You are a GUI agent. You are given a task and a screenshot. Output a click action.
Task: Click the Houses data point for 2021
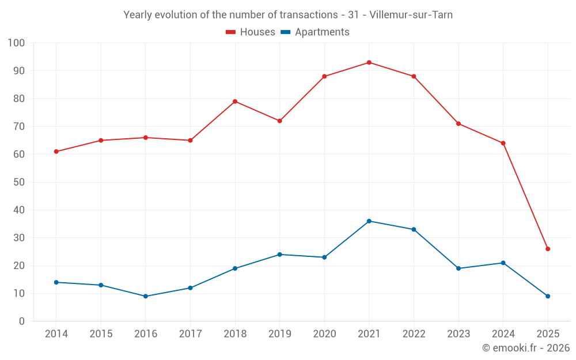[x=369, y=62]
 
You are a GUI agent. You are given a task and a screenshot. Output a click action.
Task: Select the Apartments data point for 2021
[x=369, y=221]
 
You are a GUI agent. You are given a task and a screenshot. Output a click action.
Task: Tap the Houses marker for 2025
[x=548, y=249]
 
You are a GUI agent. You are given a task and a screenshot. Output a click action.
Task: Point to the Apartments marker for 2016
[x=146, y=296]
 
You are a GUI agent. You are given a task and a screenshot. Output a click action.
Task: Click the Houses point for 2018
[x=235, y=101]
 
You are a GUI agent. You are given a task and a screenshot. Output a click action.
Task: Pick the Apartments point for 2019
[x=280, y=255]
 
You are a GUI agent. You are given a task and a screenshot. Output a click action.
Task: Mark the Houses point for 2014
[x=56, y=151]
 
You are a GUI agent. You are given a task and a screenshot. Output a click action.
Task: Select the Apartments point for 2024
[x=503, y=263]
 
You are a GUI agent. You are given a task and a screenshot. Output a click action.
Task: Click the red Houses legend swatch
[x=231, y=32]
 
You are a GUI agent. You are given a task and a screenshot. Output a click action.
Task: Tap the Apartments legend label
[x=322, y=32]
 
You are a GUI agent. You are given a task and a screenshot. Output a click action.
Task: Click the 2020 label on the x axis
[x=324, y=334]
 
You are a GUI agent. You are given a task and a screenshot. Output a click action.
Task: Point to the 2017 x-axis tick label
[x=190, y=334]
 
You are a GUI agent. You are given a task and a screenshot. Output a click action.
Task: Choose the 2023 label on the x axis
[x=458, y=334]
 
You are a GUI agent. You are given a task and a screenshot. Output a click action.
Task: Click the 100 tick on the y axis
[x=17, y=43]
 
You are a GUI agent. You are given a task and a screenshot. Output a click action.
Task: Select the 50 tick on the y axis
[x=20, y=182]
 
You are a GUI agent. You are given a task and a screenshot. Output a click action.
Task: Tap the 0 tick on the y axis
[x=22, y=321]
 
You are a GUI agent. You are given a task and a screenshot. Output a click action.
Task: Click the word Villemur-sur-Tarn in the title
[x=411, y=15]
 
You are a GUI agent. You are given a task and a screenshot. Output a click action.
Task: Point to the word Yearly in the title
[x=138, y=15]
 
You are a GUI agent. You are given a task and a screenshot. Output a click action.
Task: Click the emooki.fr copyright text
[x=525, y=348]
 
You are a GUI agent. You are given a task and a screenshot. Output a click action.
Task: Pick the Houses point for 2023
[x=458, y=124]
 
